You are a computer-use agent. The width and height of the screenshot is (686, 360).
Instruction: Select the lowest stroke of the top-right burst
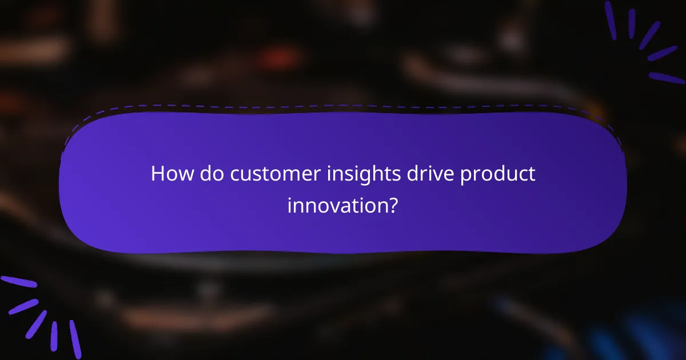[x=667, y=78]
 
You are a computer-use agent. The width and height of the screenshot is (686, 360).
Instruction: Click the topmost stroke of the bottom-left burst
[x=18, y=282]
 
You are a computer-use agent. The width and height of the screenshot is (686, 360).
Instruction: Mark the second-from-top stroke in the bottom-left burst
[x=23, y=307]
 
